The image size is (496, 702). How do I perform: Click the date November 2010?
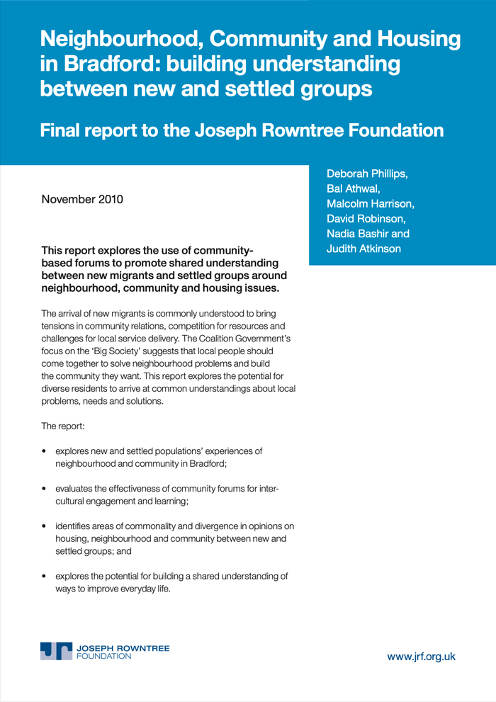[x=83, y=198]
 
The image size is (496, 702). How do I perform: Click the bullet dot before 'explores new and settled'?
[x=45, y=451]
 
